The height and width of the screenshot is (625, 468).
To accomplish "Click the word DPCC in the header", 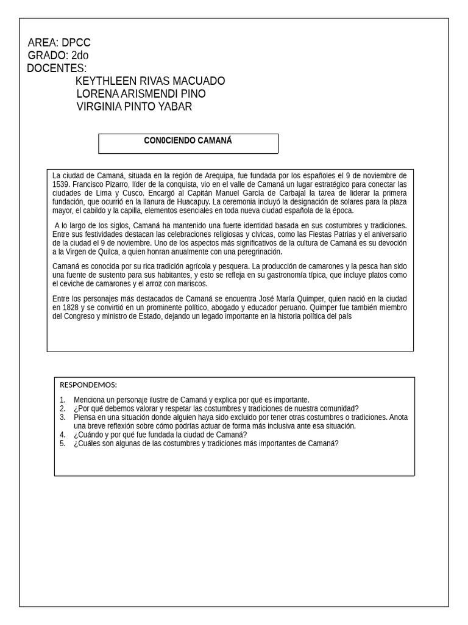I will [x=76, y=43].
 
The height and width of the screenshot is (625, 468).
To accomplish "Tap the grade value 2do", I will [x=80, y=56].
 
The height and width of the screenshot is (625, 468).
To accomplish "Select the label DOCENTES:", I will [x=57, y=68].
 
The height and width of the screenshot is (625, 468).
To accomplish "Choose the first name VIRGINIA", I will [x=99, y=107].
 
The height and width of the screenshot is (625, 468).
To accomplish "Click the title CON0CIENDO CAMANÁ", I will [x=188, y=141].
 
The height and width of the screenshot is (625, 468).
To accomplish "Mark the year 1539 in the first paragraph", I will [x=60, y=184].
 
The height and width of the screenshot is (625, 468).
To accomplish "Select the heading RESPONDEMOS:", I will [x=88, y=385].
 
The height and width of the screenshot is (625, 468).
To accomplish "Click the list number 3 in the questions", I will [x=62, y=417].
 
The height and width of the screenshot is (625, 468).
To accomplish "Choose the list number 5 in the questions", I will [x=62, y=444].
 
